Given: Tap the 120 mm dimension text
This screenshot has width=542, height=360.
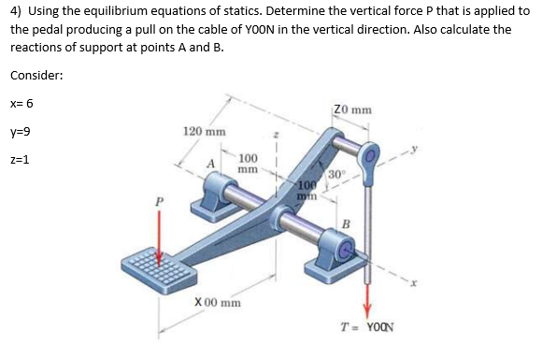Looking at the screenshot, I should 203,132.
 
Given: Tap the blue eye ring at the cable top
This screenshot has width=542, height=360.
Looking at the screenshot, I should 371,154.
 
